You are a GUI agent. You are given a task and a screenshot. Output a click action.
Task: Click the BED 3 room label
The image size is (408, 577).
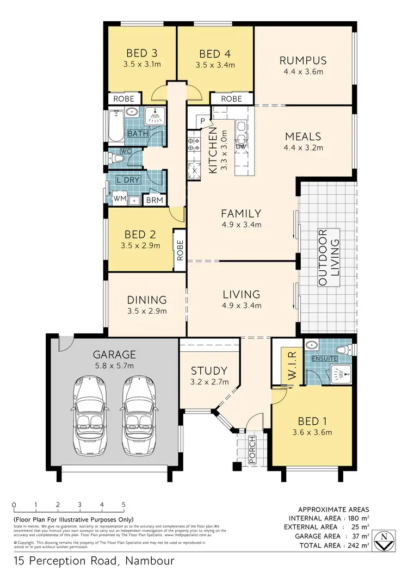[142, 53]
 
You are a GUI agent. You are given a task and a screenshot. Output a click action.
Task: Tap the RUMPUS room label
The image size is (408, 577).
[302, 60]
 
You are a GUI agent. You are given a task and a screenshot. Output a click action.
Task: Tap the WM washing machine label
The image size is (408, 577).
[119, 200]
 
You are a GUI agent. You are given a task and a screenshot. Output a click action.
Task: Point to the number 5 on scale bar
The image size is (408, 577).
[123, 504]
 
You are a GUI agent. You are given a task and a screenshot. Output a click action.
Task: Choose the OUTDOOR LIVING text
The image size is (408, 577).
[329, 258]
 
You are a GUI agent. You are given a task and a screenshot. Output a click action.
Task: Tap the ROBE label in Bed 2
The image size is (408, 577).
[180, 251]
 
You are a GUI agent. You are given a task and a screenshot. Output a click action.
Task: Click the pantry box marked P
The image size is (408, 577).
[202, 121]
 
